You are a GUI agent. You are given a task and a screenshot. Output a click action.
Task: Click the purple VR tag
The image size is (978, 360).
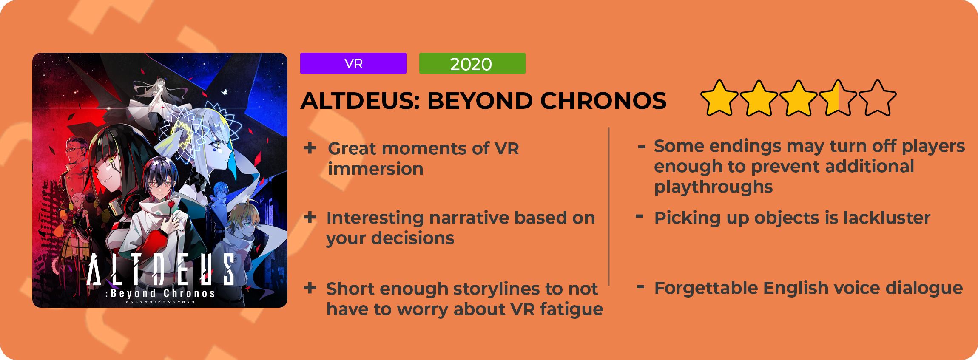pyautogui.click(x=353, y=63)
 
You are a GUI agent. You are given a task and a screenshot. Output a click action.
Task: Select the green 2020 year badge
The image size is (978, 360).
pyautogui.click(x=472, y=63)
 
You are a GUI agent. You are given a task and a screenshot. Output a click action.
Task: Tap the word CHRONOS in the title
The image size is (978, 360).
pyautogui.click(x=603, y=101)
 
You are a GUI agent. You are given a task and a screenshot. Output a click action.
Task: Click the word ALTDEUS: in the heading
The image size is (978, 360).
pyautogui.click(x=360, y=101)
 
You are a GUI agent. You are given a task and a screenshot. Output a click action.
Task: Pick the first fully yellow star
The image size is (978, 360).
pyautogui.click(x=719, y=98)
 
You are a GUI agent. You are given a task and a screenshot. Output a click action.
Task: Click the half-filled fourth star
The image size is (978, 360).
pyautogui.click(x=838, y=98)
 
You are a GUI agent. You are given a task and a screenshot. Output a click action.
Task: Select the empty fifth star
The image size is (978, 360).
pyautogui.click(x=877, y=98)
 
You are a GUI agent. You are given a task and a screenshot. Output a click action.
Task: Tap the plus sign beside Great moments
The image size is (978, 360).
pyautogui.click(x=310, y=148)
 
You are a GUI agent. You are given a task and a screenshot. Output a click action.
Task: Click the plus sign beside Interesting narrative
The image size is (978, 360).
pyautogui.click(x=310, y=217)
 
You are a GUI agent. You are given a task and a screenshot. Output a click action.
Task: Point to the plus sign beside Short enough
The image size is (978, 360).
pyautogui.click(x=310, y=288)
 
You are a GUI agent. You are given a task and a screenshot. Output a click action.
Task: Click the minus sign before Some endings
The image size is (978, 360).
pyautogui.click(x=642, y=147)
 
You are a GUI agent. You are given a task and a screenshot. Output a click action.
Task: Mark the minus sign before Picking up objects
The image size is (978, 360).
pyautogui.click(x=639, y=216)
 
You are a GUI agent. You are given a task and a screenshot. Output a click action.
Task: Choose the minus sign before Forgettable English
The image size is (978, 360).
pyautogui.click(x=640, y=287)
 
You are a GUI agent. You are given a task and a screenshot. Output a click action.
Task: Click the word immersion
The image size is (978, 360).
pyautogui.click(x=375, y=169)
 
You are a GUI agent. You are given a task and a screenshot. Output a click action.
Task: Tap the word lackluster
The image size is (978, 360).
pyautogui.click(x=887, y=218)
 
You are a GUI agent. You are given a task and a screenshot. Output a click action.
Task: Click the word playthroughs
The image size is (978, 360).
pyautogui.click(x=714, y=187)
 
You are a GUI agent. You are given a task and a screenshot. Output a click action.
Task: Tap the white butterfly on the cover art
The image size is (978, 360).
pyautogui.click(x=225, y=92)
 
